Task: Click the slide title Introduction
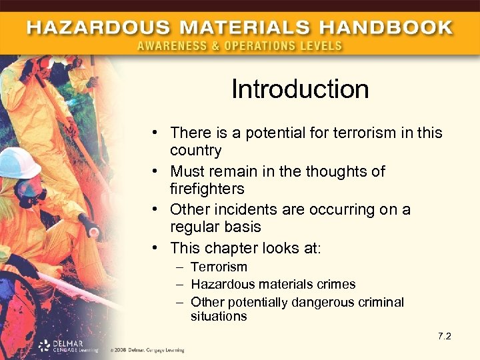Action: pyautogui.click(x=300, y=89)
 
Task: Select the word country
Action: pyautogui.click(x=196, y=150)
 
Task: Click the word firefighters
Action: pyautogui.click(x=207, y=189)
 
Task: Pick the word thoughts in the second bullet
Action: pyautogui.click(x=329, y=171)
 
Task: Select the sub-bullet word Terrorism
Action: pyautogui.click(x=219, y=267)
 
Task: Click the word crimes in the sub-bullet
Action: pyautogui.click(x=337, y=284)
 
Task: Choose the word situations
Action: pyautogui.click(x=219, y=317)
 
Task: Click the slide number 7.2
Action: pyautogui.click(x=444, y=335)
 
